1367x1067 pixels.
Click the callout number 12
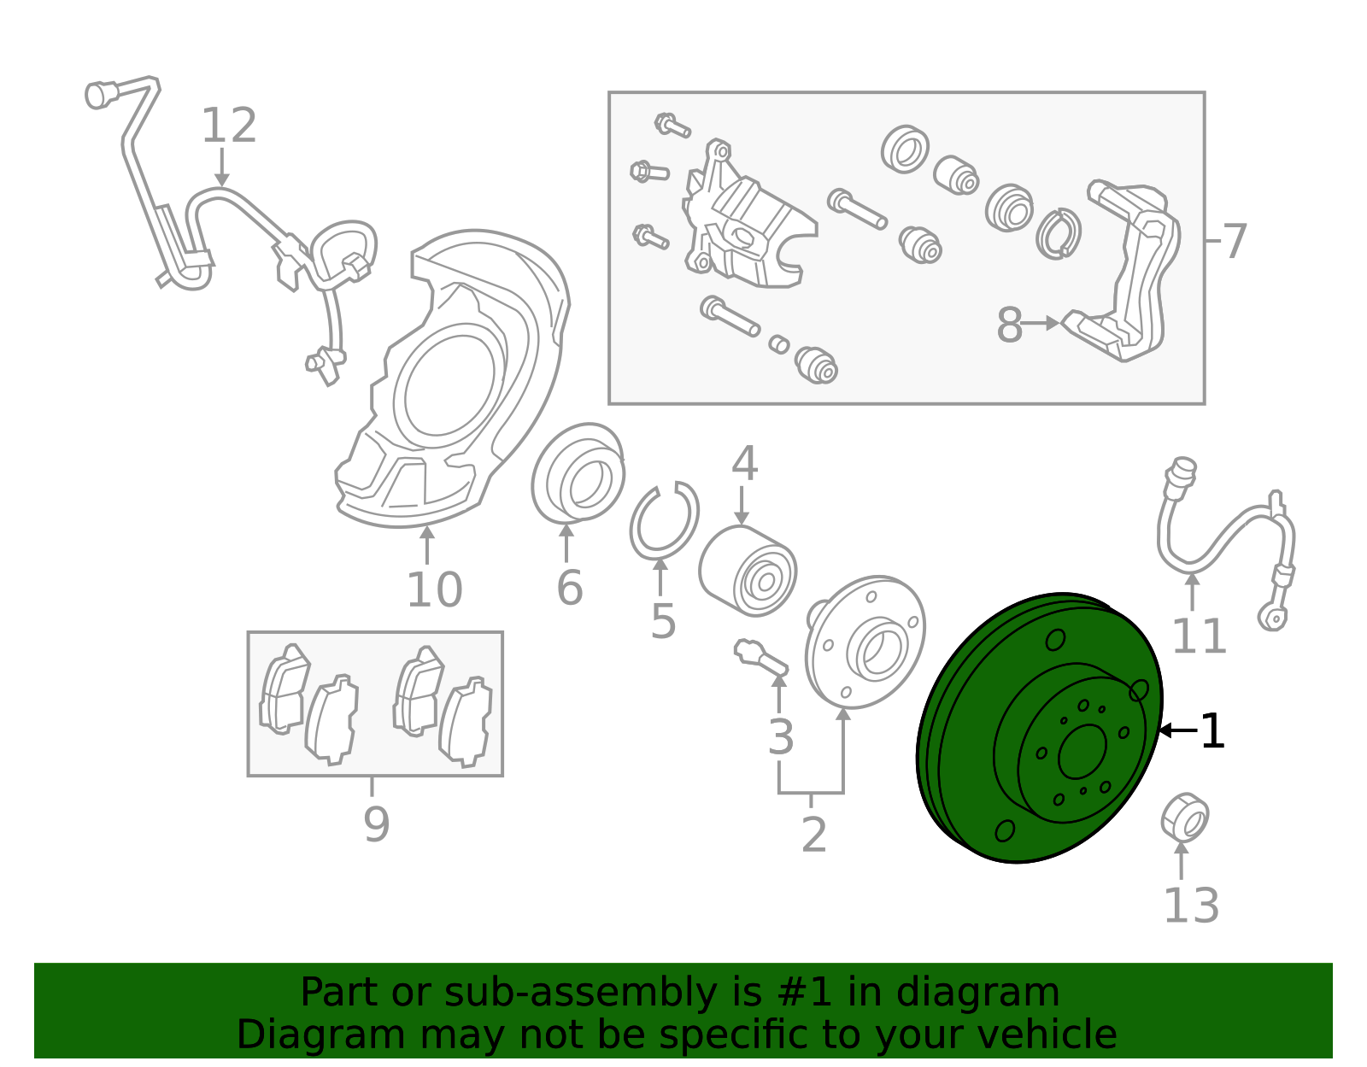229,126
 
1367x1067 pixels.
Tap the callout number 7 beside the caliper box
1235,242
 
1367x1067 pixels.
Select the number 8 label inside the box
1009,325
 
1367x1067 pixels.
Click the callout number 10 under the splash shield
434,590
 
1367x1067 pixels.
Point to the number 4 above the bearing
744,464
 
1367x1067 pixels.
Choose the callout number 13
1191,906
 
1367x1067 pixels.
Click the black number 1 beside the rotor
1212,732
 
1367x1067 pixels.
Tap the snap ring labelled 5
664,520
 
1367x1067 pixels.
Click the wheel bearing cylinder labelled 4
747,571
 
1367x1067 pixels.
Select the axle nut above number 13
1184,817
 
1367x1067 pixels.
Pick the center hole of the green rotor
1082,753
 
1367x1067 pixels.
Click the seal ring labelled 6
578,472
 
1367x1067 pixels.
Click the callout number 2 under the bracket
813,835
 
